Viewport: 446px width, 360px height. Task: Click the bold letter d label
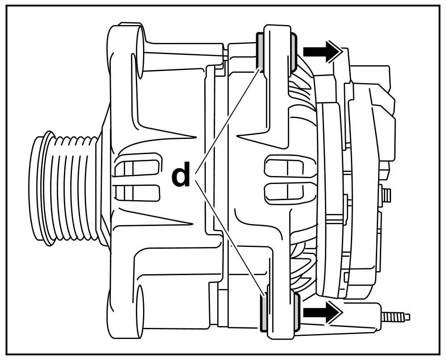181,176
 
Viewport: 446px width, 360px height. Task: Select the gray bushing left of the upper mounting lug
259,50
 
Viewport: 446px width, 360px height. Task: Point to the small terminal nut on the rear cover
387,195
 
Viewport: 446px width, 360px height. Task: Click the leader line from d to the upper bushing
228,116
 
